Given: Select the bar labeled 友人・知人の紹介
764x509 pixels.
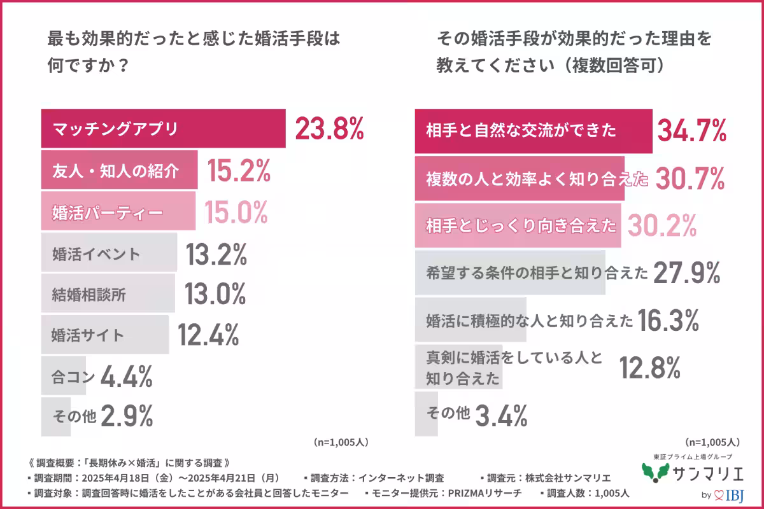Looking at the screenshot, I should click(120, 171).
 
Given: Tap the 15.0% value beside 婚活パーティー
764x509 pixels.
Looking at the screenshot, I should click(236, 212).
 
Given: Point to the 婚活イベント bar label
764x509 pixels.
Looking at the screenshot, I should click(95, 254).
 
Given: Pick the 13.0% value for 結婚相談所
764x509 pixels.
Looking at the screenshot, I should click(215, 294).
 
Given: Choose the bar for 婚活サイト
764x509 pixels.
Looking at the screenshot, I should click(105, 335).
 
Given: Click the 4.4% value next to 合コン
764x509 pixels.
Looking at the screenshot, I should click(126, 377).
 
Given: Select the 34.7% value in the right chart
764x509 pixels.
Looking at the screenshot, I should click(691, 131).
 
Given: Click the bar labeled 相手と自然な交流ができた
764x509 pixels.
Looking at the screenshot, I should click(534, 131).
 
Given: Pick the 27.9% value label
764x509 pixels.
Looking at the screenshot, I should click(686, 273).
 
